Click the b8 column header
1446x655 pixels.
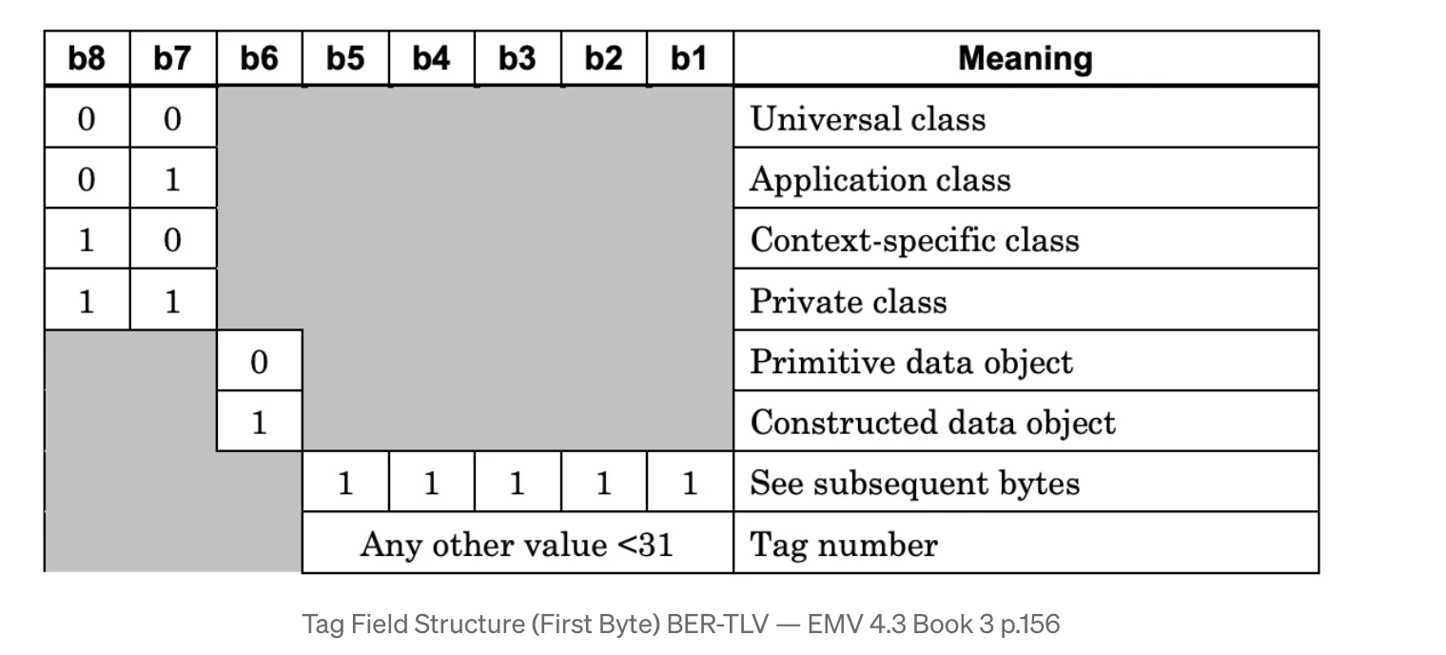click(87, 59)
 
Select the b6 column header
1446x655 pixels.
click(259, 59)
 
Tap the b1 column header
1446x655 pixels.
click(689, 59)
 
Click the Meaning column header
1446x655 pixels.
click(1025, 59)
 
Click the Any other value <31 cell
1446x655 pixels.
click(517, 545)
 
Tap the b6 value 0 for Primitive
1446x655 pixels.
click(259, 362)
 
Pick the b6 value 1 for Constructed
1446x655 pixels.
click(259, 423)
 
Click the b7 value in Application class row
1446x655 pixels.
click(172, 180)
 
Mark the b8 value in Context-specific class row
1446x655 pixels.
click(87, 240)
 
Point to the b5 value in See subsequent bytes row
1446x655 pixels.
click(345, 484)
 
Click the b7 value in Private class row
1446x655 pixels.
click(172, 301)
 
